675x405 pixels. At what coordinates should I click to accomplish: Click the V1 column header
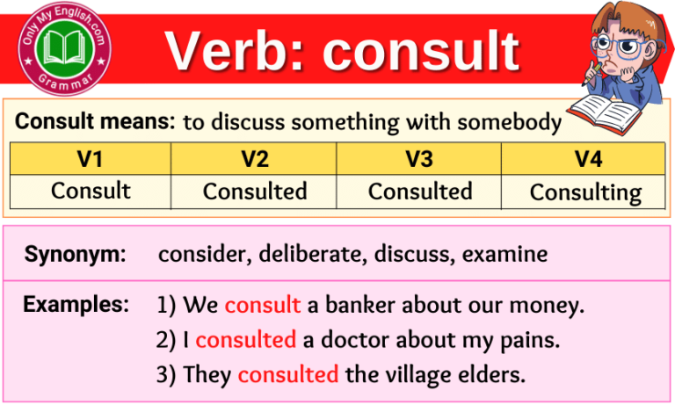tap(91, 159)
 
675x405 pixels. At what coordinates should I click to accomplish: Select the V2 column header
tap(255, 159)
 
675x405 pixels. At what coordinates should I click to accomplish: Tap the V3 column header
tap(419, 159)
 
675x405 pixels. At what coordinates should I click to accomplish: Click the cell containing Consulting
tap(585, 192)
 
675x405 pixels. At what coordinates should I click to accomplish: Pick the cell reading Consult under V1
tap(91, 191)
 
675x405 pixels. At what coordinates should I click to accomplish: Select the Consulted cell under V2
tap(255, 191)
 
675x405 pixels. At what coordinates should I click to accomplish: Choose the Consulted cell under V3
tap(419, 191)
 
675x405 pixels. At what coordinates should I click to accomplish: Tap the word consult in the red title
tap(421, 50)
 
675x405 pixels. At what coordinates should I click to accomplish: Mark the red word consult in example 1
tap(262, 306)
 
